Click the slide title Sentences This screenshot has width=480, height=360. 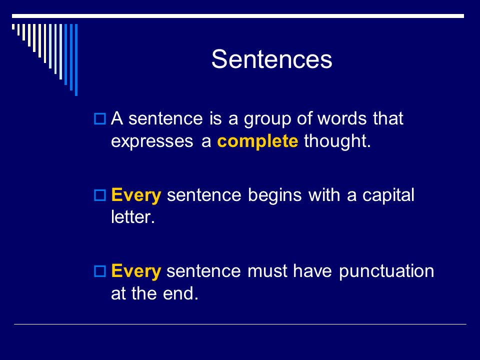[271, 59]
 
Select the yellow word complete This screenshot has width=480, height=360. [257, 141]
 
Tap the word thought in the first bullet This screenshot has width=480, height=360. [337, 141]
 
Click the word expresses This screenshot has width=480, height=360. [152, 141]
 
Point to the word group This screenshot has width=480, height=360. [267, 119]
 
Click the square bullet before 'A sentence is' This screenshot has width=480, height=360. [100, 118]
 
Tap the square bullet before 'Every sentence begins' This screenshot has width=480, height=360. [100, 195]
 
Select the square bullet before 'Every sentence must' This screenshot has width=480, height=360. [100, 271]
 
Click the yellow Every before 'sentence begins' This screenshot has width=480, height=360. [136, 195]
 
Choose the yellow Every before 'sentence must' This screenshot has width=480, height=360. [136, 271]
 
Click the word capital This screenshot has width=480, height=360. [388, 195]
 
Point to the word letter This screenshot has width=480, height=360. [133, 217]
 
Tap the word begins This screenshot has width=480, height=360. [274, 195]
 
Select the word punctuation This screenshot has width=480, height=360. [386, 271]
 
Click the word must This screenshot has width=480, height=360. [267, 271]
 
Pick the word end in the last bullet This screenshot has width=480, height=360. [180, 293]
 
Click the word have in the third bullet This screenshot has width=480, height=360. [312, 271]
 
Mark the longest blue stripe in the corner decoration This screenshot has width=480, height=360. [76, 60]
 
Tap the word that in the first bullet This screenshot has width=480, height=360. [388, 118]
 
